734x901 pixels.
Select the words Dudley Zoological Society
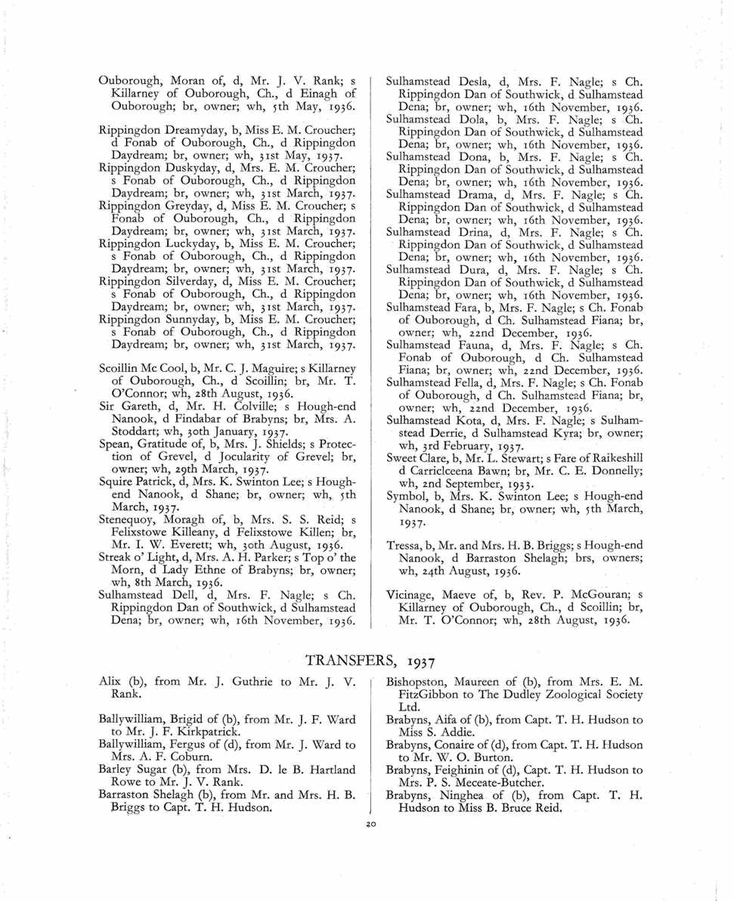561,694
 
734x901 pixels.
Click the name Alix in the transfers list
109,681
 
